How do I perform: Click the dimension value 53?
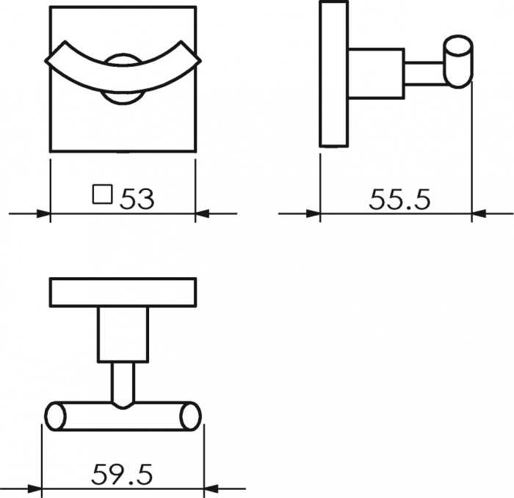[137, 199]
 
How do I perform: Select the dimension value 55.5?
[399, 199]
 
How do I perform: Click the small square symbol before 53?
[102, 194]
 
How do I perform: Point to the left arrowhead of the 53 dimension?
[43, 214]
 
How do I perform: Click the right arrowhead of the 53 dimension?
[202, 214]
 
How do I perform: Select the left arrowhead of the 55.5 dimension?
[314, 214]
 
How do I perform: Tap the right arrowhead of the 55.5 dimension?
[479, 214]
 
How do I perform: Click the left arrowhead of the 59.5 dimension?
[35, 489]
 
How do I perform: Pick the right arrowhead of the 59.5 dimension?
[211, 489]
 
